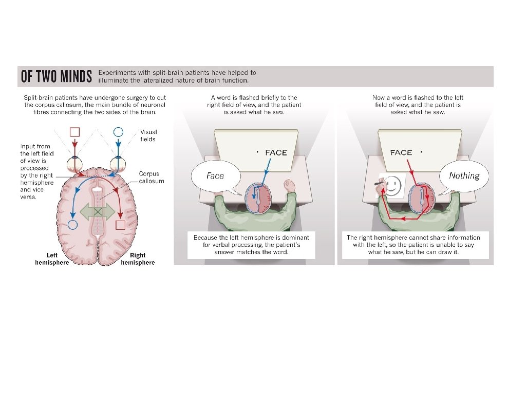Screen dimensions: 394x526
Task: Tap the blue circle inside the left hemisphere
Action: pyautogui.click(x=72, y=224)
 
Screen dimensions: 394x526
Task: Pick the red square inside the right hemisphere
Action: pyautogui.click(x=121, y=224)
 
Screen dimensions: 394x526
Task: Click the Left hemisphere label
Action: pyautogui.click(x=52, y=259)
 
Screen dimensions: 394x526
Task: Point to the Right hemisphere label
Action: pyautogui.click(x=137, y=259)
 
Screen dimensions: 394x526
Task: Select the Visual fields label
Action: pyautogui.click(x=148, y=135)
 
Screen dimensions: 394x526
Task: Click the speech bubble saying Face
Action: pyautogui.click(x=215, y=176)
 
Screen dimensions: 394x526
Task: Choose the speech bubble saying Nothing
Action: pyautogui.click(x=464, y=176)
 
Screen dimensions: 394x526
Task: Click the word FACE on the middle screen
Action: pyautogui.click(x=276, y=153)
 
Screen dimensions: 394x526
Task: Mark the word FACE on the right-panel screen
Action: pyautogui.click(x=401, y=153)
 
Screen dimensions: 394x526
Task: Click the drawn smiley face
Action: pyautogui.click(x=392, y=185)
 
